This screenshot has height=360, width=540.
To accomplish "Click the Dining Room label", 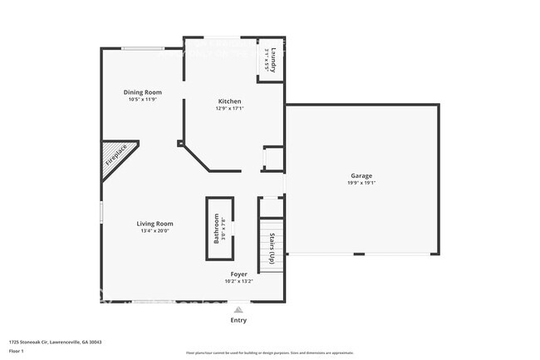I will [142, 92].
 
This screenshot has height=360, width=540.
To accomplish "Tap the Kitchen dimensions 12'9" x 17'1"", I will [229, 108].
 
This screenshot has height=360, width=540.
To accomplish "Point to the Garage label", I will [361, 176].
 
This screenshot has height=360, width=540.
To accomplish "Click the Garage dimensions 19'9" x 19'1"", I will [361, 183].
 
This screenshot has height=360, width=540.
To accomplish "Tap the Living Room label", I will [155, 223].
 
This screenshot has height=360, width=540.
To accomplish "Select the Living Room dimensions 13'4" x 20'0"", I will [155, 230].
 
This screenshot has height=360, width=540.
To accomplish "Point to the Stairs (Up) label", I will [272, 245].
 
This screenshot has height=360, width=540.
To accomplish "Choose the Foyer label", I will [238, 274].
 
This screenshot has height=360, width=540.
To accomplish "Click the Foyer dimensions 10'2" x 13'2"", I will [238, 281].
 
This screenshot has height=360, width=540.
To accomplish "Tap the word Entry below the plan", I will [238, 320].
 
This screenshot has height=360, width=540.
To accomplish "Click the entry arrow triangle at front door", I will [238, 308].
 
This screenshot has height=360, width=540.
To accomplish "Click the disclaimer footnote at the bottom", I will [269, 353].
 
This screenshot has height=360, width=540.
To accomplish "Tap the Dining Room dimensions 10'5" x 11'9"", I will [142, 100].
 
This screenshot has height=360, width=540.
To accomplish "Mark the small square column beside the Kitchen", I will [179, 143].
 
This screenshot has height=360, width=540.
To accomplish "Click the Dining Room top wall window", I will [142, 48].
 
